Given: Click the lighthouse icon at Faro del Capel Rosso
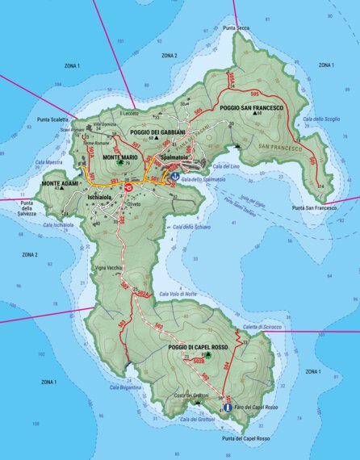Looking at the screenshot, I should tap(228, 408).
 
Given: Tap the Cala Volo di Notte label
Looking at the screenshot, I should tap(178, 294).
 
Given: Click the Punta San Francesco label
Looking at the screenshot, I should tap(314, 207).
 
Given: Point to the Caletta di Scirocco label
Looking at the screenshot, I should tap(262, 327).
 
